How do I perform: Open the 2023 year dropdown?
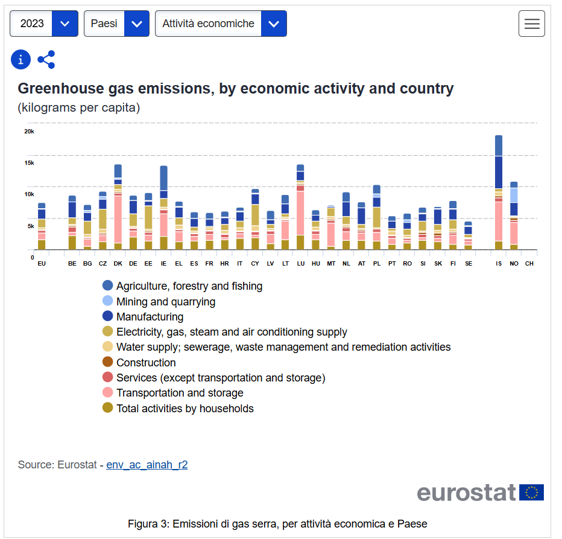(x=44, y=24)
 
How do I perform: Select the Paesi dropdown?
(x=116, y=24)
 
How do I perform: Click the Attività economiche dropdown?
(x=221, y=24)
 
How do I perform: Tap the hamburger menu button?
(x=531, y=24)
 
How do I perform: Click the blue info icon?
(x=21, y=59)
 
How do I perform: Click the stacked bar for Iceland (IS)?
(x=499, y=193)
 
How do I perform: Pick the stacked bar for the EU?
(x=42, y=226)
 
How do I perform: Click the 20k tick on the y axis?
(x=29, y=131)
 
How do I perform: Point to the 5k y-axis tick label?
(x=30, y=226)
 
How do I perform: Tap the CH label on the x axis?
(x=529, y=264)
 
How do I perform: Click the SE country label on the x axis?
(x=469, y=264)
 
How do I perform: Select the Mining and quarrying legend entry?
(x=165, y=301)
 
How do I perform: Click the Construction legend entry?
(x=146, y=363)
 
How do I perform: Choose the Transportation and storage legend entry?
(x=180, y=393)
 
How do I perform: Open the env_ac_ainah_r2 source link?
(x=147, y=465)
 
